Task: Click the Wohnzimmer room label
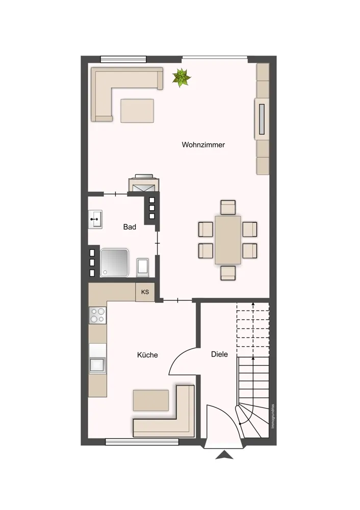click(x=203, y=145)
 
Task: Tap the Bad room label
click(x=130, y=227)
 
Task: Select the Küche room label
click(x=147, y=355)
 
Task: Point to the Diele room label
click(x=219, y=354)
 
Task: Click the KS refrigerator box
click(x=145, y=292)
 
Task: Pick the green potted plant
click(x=182, y=78)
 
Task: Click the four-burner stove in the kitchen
click(x=97, y=315)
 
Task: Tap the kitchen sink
click(x=97, y=365)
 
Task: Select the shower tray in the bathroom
click(x=114, y=263)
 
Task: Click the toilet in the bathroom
click(x=142, y=267)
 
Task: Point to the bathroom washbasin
click(x=95, y=219)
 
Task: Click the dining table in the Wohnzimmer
click(x=227, y=240)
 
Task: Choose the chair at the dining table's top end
click(x=227, y=208)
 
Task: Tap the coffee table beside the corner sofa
click(x=137, y=111)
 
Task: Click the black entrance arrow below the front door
click(x=224, y=455)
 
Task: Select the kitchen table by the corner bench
click(x=151, y=400)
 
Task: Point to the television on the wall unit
click(x=262, y=119)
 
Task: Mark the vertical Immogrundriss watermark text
click(x=272, y=416)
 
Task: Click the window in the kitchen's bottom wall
click(x=142, y=442)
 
